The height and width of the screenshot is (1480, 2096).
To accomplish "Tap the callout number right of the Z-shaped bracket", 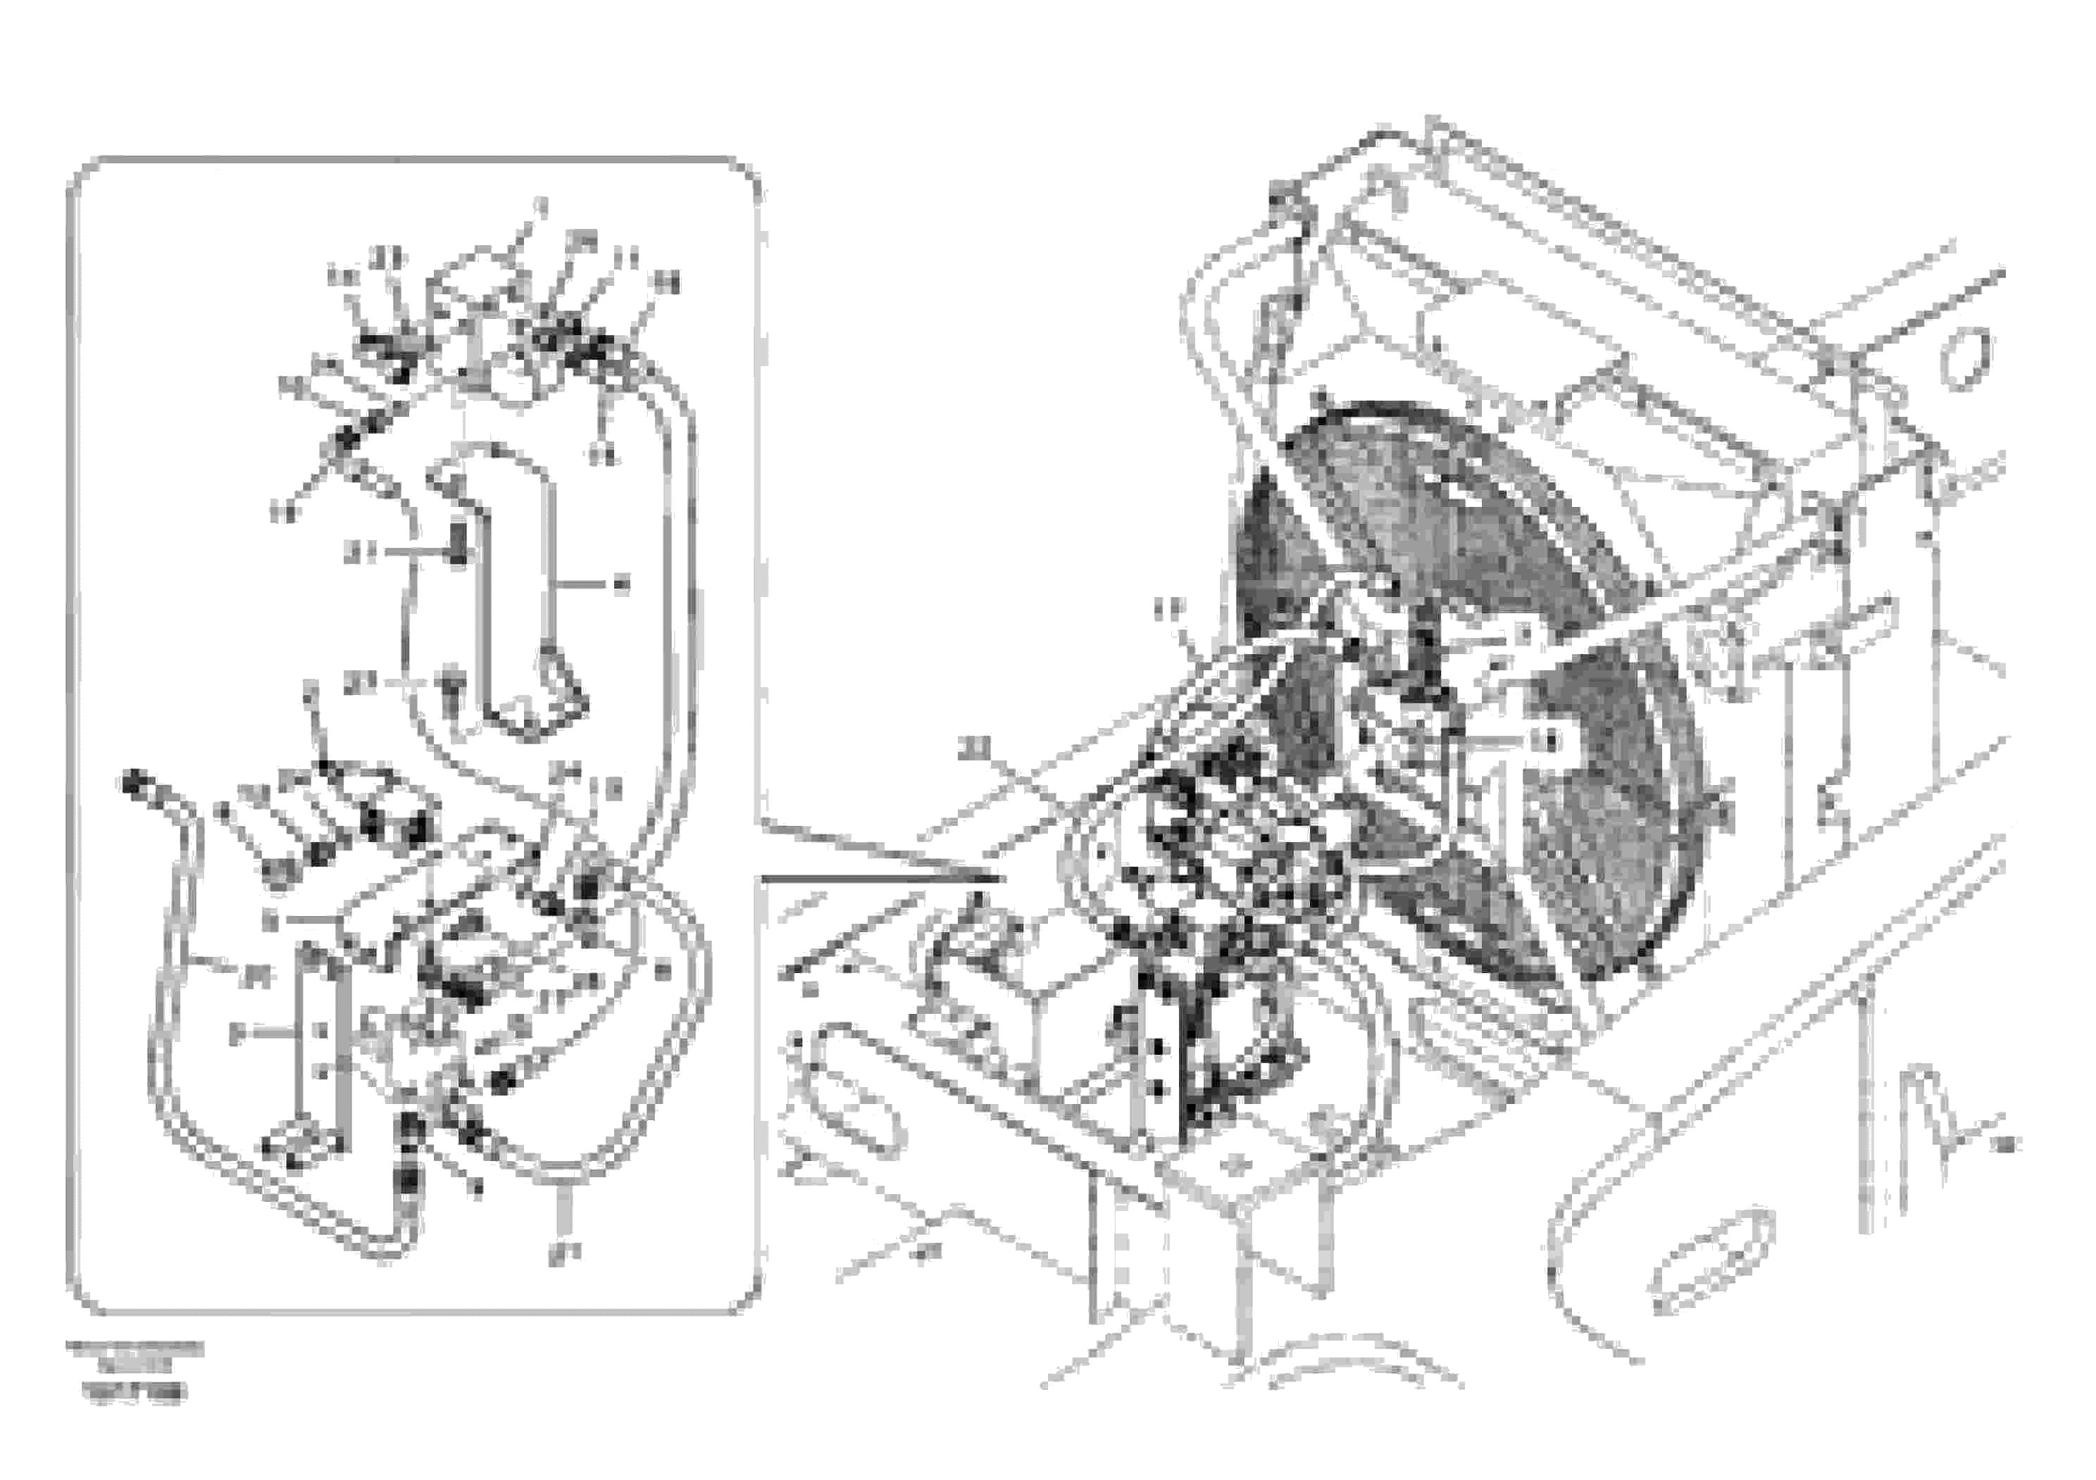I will pos(623,585).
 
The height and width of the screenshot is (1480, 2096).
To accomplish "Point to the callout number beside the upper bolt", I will pos(358,552).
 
